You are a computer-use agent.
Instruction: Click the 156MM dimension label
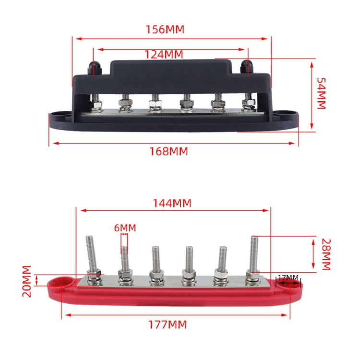[165, 30]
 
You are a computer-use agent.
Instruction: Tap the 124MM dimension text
[164, 55]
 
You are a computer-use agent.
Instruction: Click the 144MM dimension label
[171, 203]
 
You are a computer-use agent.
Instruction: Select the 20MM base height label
[27, 281]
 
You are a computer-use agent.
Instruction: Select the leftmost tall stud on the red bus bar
[92, 254]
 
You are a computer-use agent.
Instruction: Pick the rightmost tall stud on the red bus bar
[253, 254]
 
